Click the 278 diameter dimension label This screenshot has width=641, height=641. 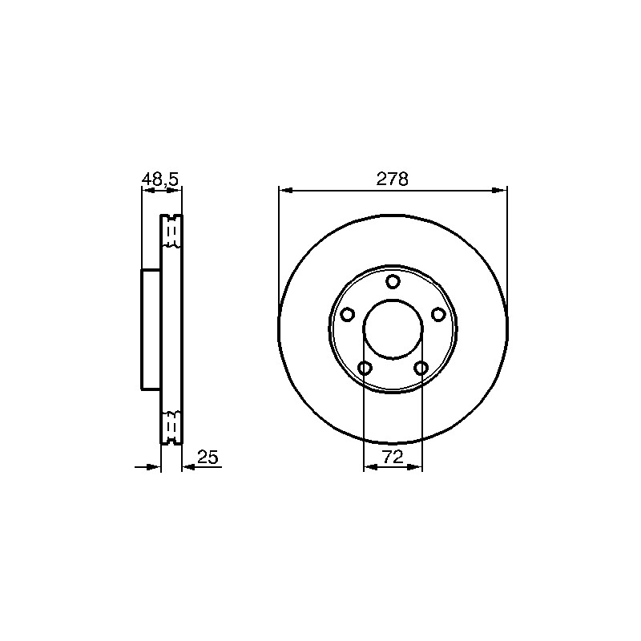pos(393,179)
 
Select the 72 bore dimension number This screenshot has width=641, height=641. pos(393,457)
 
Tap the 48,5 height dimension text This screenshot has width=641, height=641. pos(160,179)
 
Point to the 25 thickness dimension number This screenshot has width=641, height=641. pos(208,457)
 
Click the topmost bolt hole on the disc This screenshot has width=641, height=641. pos(393,282)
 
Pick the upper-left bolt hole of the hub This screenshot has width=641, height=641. pos(348,315)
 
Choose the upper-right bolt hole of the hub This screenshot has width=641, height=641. pos(438,315)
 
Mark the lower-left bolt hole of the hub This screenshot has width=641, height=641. pos(365,369)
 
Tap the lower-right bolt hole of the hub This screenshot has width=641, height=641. pos(421,369)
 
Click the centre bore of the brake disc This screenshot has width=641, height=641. pos(393,329)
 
